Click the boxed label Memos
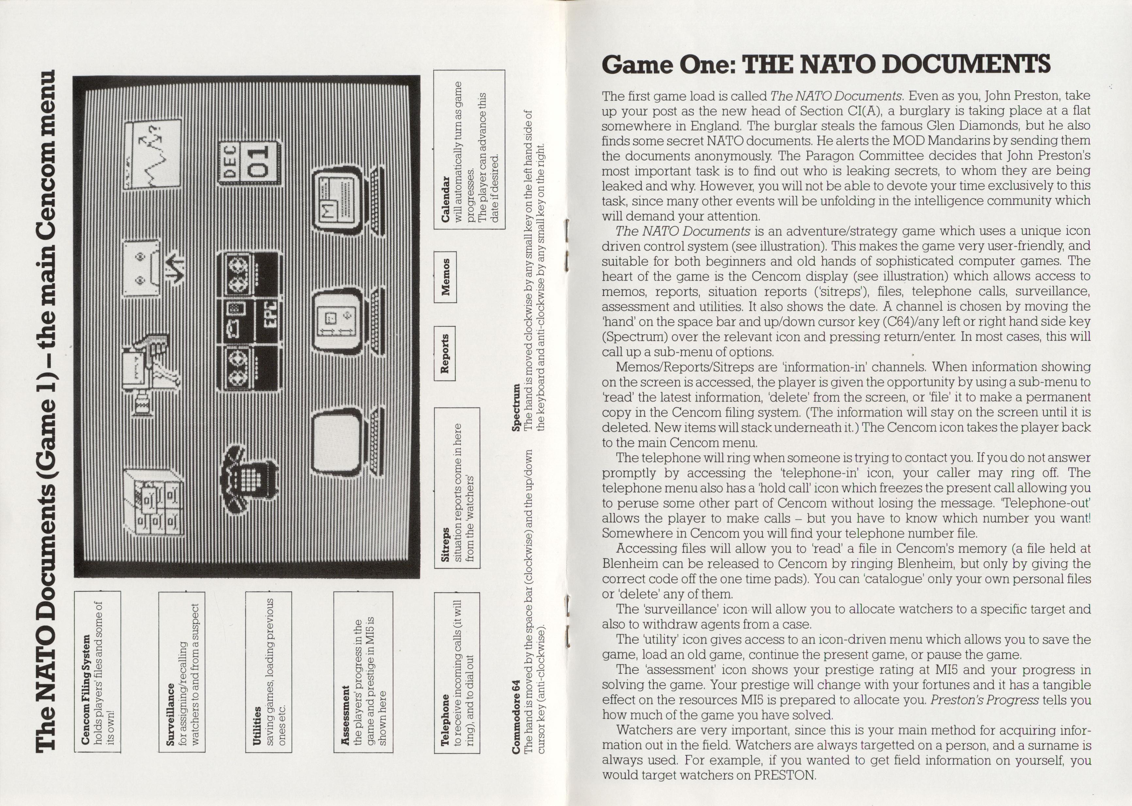point(445,277)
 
